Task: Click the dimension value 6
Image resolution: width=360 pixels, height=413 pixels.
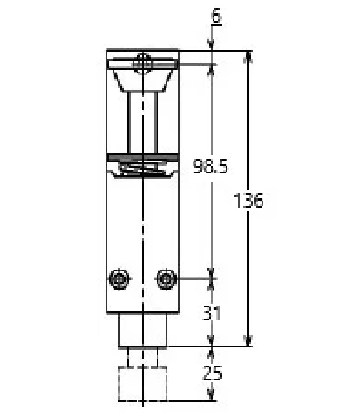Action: pyautogui.click(x=216, y=16)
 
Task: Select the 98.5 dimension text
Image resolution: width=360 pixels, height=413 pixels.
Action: pyautogui.click(x=210, y=166)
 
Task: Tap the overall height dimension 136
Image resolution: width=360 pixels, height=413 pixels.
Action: pyautogui.click(x=249, y=201)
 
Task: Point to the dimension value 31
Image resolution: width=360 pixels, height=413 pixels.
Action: pyautogui.click(x=212, y=313)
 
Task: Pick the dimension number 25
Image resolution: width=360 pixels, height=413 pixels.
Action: pyautogui.click(x=212, y=373)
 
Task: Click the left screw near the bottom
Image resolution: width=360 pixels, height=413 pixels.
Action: pyautogui.click(x=120, y=278)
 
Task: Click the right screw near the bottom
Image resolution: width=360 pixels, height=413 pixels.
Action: pyautogui.click(x=166, y=278)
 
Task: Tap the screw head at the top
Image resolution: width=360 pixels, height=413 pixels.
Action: pyautogui.click(x=143, y=63)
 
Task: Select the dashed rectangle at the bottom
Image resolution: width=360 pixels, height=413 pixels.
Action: pyautogui.click(x=143, y=384)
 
